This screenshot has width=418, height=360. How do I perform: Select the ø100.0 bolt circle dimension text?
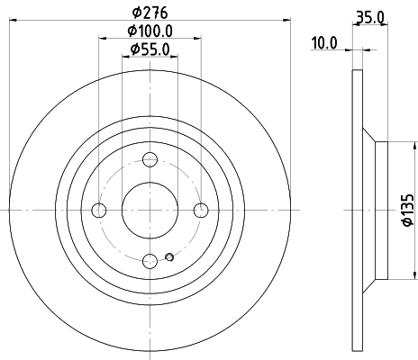[x=150, y=31]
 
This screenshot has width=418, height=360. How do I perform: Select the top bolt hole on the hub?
[x=150, y=160]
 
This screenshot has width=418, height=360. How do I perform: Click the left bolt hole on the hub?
[x=100, y=211]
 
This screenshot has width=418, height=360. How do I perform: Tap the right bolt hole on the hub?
[x=201, y=211]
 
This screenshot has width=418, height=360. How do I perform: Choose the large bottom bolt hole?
[x=150, y=261]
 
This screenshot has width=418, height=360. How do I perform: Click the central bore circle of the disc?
[x=150, y=211]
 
